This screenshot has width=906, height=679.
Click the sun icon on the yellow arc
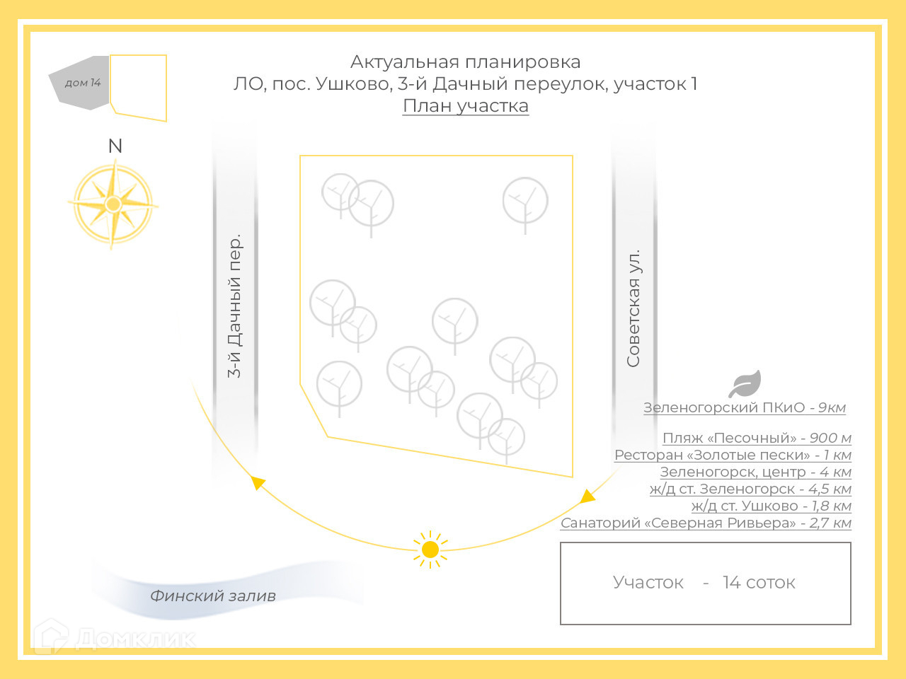(430, 550)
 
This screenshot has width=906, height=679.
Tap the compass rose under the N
(113, 204)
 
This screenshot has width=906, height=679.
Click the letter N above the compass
(115, 146)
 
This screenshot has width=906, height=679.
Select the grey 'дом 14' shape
(80, 83)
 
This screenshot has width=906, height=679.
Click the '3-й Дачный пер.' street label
(234, 306)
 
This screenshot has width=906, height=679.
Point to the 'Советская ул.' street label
(633, 308)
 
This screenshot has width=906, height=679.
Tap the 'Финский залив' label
(212, 596)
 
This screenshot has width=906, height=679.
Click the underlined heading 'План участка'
(466, 106)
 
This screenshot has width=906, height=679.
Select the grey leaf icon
(745, 384)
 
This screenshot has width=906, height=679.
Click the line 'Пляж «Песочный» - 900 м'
(757, 439)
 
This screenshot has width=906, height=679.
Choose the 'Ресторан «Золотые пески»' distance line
(733, 455)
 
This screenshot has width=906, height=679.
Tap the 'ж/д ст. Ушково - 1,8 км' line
(771, 506)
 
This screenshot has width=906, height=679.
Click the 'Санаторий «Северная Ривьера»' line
(706, 523)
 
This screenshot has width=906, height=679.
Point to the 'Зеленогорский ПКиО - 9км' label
(744, 408)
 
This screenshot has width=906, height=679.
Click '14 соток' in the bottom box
(759, 583)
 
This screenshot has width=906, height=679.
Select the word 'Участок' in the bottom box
(648, 583)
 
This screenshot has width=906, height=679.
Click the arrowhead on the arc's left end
(258, 482)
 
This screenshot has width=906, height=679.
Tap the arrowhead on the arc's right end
(587, 496)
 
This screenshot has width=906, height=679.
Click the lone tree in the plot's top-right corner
(525, 201)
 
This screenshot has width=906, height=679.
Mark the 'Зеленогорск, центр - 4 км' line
(755, 472)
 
